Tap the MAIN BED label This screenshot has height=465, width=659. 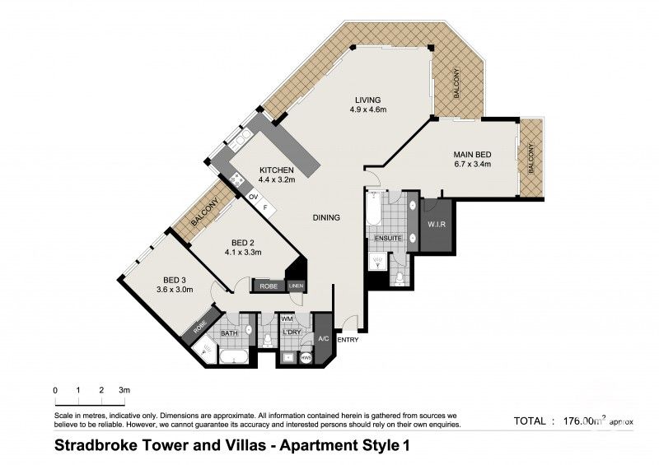tap(472, 154)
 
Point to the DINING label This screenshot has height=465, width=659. tap(326, 218)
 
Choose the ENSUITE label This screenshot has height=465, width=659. tap(387, 239)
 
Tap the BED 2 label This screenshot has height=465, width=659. tap(242, 242)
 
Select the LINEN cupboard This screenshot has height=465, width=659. tap(297, 286)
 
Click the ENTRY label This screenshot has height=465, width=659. tap(348, 340)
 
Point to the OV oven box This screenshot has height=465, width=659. tap(254, 198)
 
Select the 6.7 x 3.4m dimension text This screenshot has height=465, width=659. tap(472, 165)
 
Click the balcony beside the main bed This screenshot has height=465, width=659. tap(530, 158)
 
